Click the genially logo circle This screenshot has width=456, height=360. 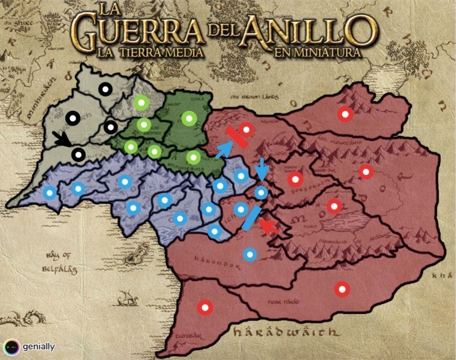[x=12, y=346]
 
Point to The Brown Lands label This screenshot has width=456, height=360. [x=255, y=97]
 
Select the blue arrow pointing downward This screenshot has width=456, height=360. [x=261, y=169]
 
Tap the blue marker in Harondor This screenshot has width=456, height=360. [x=250, y=254]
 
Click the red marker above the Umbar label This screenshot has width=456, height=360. [x=205, y=307]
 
